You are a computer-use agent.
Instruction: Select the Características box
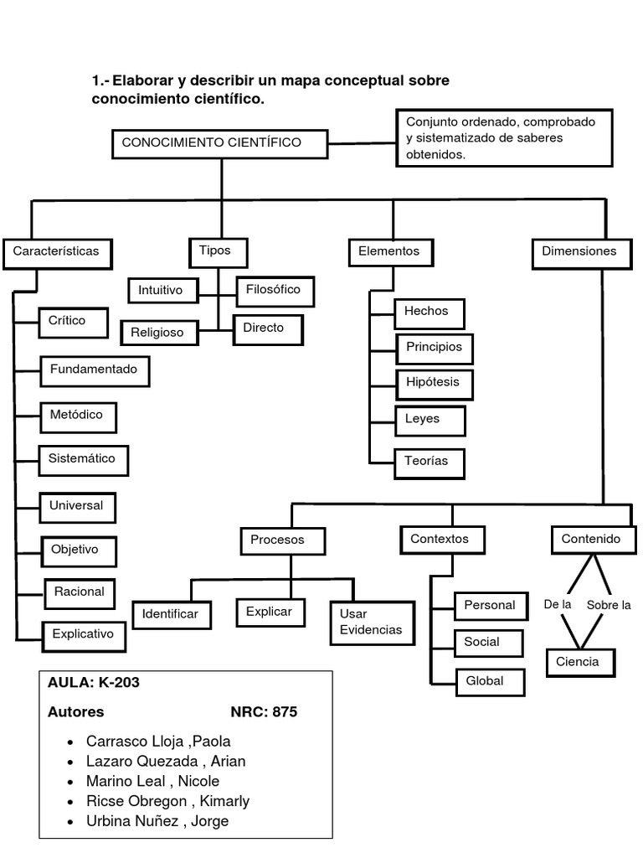click(x=57, y=251)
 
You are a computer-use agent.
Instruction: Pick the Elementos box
click(x=389, y=251)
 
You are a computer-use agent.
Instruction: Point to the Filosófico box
click(x=275, y=291)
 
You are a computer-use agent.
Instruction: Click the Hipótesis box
click(x=433, y=382)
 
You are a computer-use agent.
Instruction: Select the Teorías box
click(x=429, y=462)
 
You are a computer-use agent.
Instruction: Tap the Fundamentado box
click(x=95, y=370)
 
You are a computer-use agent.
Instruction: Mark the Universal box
click(x=77, y=506)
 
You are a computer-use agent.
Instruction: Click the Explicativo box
click(x=83, y=634)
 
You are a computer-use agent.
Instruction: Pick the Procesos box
click(x=277, y=540)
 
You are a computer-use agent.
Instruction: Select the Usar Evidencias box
click(x=371, y=623)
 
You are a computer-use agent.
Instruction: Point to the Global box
click(x=490, y=681)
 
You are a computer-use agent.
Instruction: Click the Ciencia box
click(x=579, y=662)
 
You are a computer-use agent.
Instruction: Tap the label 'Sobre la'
click(x=609, y=605)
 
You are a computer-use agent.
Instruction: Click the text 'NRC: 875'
click(x=264, y=712)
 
